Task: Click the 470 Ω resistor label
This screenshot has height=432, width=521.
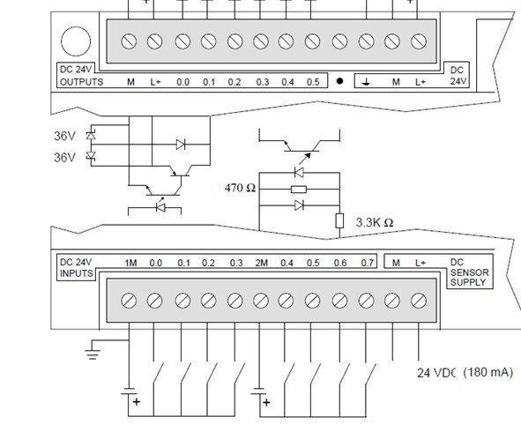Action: (x=240, y=188)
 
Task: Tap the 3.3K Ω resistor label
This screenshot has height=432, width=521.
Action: (x=375, y=222)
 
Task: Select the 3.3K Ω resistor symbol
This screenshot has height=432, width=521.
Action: (x=339, y=221)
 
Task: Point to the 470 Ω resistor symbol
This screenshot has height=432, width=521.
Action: (x=299, y=189)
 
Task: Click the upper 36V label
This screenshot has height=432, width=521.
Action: (x=64, y=136)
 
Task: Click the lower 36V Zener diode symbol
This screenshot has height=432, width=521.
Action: (x=91, y=155)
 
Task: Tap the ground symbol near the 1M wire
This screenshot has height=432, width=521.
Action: (x=93, y=354)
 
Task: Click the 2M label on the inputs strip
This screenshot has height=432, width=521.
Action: (x=262, y=263)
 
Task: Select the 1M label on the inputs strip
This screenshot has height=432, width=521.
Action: (x=131, y=263)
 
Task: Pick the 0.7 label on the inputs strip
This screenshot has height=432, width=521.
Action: (x=367, y=263)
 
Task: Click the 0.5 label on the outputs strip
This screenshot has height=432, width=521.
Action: (x=313, y=82)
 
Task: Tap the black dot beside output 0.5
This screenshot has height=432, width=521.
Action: (x=339, y=81)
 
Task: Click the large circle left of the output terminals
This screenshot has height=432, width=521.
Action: (x=76, y=41)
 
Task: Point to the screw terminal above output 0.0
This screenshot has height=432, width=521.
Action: (x=182, y=41)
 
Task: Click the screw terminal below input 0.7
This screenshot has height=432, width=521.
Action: (x=367, y=301)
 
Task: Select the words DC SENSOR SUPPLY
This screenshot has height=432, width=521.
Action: (x=469, y=272)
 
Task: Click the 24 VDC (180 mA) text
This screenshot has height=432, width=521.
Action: (x=465, y=373)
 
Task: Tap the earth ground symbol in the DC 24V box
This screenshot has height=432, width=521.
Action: (x=366, y=82)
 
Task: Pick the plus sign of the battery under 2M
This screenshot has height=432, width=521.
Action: (x=266, y=403)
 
